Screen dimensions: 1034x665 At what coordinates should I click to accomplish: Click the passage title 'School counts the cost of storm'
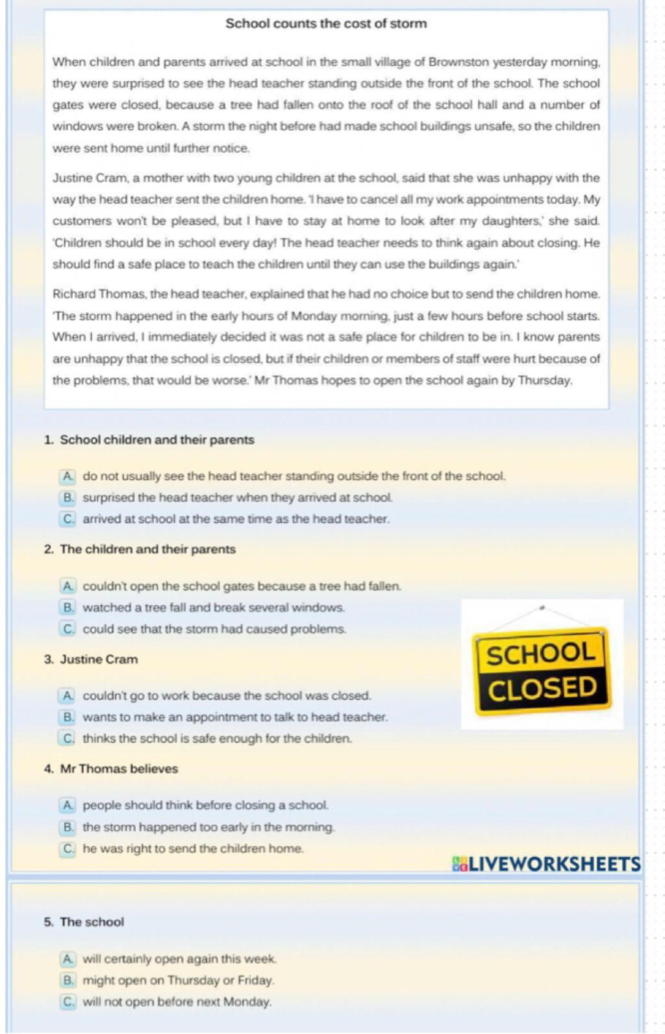coord(326,24)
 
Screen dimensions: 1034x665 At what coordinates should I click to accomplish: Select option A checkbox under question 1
coord(68,476)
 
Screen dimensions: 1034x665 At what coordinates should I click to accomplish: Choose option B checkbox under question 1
coord(68,498)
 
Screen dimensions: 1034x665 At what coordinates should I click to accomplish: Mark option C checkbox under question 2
coord(68,629)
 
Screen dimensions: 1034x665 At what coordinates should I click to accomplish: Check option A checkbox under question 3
coord(68,696)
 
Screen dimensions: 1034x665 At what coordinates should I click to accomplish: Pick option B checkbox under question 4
coord(68,828)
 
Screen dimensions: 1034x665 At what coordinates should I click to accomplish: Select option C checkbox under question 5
coord(68,1002)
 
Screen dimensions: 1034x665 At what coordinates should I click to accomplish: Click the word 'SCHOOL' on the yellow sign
coord(541,654)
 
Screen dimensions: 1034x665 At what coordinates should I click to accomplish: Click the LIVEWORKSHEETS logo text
coord(547,865)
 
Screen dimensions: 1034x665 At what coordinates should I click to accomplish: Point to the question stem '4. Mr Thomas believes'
coord(111,769)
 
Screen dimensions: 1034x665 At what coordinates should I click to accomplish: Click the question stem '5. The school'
coord(84,922)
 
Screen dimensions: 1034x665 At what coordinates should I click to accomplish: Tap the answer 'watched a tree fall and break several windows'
coord(214,608)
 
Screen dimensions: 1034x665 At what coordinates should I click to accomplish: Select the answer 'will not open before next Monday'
coord(177,1002)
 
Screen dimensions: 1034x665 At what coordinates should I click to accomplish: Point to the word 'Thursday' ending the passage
coord(544,380)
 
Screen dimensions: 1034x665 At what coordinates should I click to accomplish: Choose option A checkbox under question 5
coord(68,959)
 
